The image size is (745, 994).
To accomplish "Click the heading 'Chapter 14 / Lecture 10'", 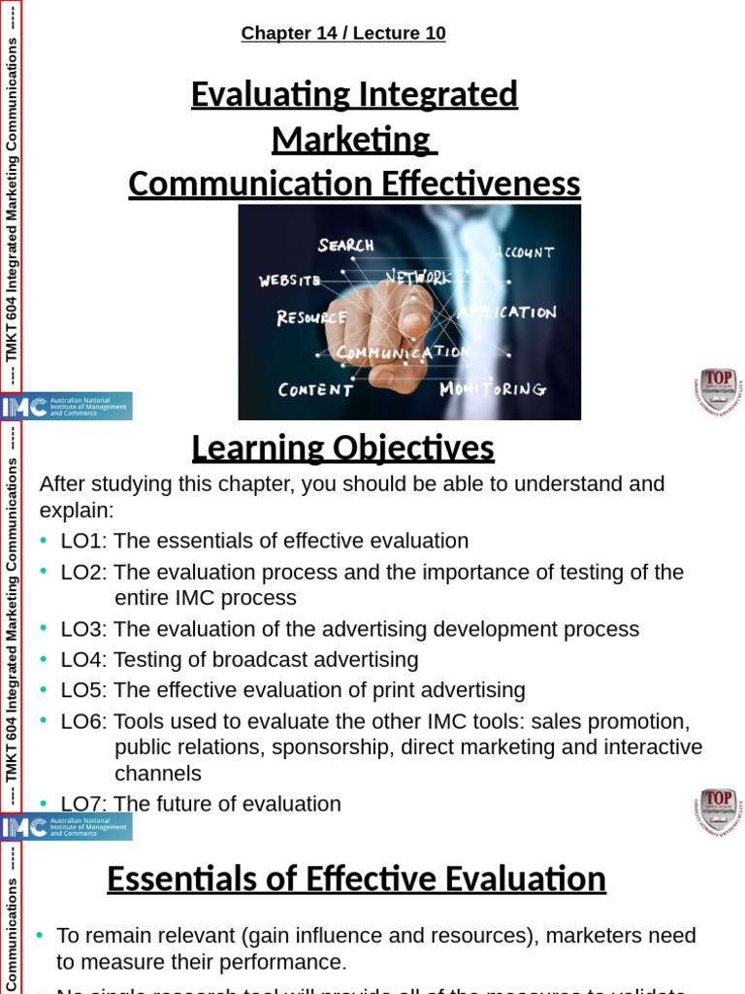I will click(343, 33).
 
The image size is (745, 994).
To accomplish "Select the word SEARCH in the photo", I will click(346, 246).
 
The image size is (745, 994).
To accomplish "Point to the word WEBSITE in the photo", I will click(289, 281).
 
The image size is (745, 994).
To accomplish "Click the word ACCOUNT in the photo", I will click(523, 252).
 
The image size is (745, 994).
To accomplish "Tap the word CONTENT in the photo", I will click(315, 390).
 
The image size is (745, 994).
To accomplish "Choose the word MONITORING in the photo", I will click(493, 389).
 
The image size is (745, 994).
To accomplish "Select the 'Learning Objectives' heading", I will click(342, 448).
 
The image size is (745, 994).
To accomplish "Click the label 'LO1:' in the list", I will click(83, 541).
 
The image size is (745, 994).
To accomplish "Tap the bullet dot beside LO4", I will click(43, 659).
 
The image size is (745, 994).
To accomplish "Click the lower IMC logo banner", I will click(67, 827).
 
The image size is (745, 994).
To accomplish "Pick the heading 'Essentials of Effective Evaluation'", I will click(356, 879).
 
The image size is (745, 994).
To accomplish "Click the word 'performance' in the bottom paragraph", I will click(288, 962).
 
